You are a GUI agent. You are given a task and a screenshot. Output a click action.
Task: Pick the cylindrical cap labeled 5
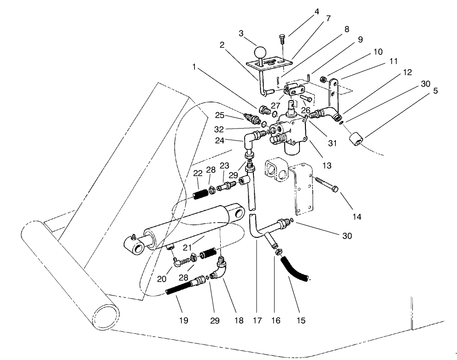[357, 139]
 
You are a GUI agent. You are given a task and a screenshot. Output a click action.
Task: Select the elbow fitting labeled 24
[251, 139]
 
